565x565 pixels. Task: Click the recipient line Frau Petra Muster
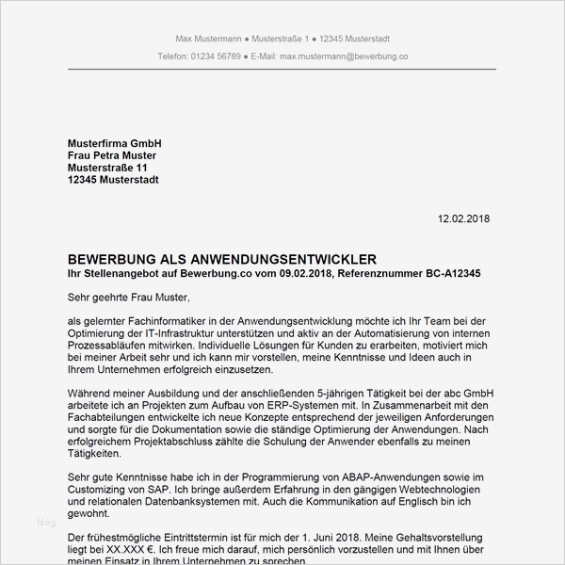tap(112, 155)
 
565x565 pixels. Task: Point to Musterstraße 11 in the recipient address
tap(107, 168)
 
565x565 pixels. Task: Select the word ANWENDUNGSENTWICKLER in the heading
tap(292, 259)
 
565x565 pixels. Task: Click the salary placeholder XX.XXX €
tap(124, 549)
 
